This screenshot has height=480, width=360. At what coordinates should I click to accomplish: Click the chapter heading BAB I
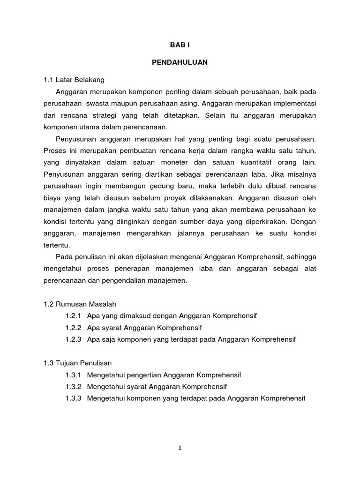180,45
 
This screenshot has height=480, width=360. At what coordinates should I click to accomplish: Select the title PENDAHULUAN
180,62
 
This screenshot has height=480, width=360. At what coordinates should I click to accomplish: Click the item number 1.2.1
74,316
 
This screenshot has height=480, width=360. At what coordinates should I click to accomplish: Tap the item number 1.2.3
74,339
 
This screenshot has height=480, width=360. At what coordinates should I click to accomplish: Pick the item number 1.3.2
74,387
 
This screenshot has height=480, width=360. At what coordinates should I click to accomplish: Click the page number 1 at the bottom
180,448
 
